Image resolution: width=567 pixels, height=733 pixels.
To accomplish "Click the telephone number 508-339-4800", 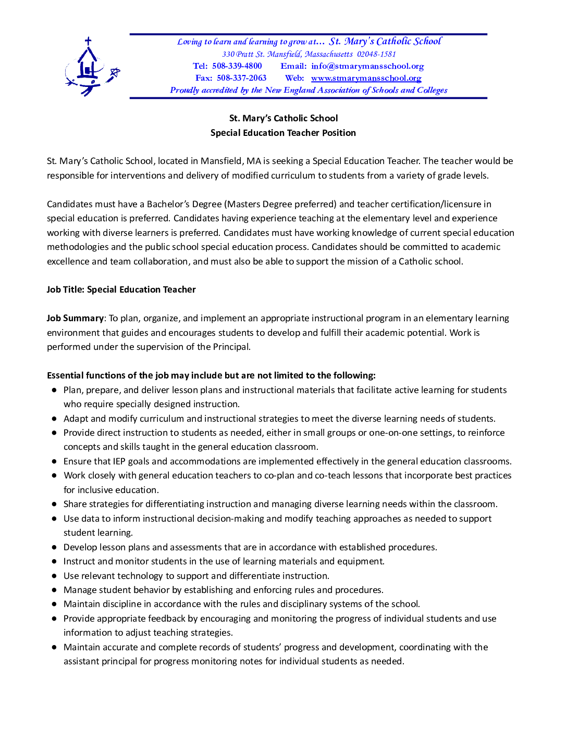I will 237,66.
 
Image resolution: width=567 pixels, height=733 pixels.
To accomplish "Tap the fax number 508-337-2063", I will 241,78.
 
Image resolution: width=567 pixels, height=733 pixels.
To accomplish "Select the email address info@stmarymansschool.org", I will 367,66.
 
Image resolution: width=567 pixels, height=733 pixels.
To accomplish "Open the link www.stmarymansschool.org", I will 366,78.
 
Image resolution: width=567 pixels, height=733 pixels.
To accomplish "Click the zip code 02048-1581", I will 376,54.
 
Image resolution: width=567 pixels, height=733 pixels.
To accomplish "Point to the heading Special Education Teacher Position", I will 283,133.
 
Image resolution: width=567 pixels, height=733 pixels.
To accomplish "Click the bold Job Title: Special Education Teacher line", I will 121,289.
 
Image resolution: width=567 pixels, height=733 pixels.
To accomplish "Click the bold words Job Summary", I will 75,318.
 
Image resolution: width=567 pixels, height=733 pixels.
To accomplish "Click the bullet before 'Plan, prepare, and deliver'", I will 54,390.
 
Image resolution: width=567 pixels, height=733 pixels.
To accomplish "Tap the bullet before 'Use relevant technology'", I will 54,576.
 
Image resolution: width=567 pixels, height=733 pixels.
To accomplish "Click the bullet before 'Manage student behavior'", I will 54,590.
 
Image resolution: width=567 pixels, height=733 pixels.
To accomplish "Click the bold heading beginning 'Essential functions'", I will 211,375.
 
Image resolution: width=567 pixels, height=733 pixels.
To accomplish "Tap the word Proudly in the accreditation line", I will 184,90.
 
